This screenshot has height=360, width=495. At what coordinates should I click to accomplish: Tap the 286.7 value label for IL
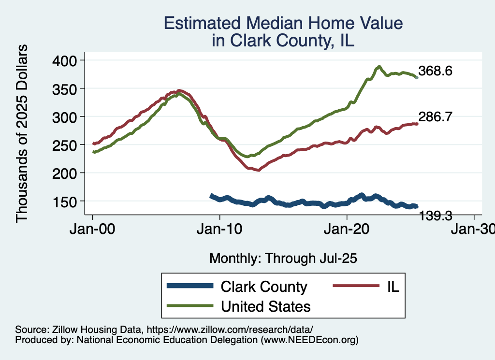pos(436,117)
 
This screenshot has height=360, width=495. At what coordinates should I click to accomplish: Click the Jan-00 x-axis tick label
pos(93,230)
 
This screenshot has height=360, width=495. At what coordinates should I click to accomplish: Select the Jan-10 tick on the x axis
pos(220,230)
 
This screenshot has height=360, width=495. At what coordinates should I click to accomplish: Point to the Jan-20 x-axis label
pos(347,230)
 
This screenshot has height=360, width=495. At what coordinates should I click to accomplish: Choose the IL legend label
pos(393,287)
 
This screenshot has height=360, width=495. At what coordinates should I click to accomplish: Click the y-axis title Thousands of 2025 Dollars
pos(22,133)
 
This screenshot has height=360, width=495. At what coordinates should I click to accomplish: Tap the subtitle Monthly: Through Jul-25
pos(283,258)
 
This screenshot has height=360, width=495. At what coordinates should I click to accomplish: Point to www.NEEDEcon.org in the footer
pos(309,340)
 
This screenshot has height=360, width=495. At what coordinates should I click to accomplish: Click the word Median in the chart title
pos(287,23)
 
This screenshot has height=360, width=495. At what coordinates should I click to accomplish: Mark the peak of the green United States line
pos(379,67)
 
